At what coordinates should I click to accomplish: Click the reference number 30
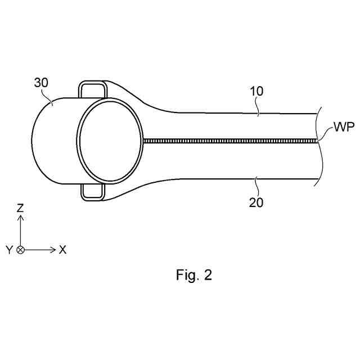[41, 83]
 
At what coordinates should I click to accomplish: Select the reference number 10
[255, 91]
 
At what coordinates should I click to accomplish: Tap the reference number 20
[256, 202]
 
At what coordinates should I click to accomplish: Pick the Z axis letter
[21, 208]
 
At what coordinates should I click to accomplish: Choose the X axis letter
[62, 250]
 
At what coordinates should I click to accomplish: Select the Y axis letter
[9, 250]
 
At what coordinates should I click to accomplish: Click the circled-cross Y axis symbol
[21, 249]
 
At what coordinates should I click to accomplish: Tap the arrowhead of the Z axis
[21, 218]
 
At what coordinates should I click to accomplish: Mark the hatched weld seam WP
[231, 141]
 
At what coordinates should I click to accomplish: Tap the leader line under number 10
[257, 106]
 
